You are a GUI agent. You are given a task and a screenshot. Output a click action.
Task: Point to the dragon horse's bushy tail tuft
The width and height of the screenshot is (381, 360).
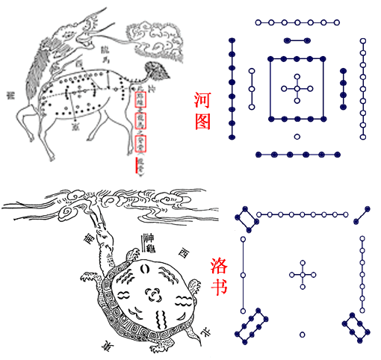159,73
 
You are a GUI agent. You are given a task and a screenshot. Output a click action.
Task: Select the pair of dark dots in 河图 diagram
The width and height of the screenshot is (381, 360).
297,40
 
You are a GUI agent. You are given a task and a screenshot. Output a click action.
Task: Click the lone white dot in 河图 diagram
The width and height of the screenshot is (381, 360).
297,137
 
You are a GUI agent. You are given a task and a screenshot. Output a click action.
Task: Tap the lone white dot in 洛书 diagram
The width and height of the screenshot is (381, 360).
303,334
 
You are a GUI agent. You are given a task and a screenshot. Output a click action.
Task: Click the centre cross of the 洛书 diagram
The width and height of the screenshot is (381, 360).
303,273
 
